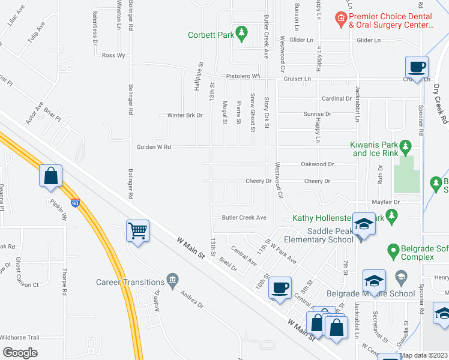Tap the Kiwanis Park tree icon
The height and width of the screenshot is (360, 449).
[406, 146]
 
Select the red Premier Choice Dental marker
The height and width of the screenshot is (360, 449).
[340, 19]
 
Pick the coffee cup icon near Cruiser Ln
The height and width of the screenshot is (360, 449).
[417, 66]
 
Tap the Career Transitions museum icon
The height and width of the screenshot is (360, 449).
[172, 279]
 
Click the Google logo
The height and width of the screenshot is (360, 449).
[20, 352]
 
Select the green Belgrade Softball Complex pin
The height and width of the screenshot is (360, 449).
[393, 248]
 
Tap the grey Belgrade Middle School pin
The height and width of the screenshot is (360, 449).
[402, 277]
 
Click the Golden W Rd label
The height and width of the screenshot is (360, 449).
[154, 146]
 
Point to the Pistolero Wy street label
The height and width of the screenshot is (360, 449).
[242, 76]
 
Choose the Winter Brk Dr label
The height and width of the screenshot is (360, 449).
[184, 115]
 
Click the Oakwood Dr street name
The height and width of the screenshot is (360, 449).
[318, 164]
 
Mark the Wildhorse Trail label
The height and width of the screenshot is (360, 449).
[19, 337]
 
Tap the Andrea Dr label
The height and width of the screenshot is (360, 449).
[192, 298]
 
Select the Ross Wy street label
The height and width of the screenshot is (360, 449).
[113, 55]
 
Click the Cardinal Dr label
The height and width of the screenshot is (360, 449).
[336, 98]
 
